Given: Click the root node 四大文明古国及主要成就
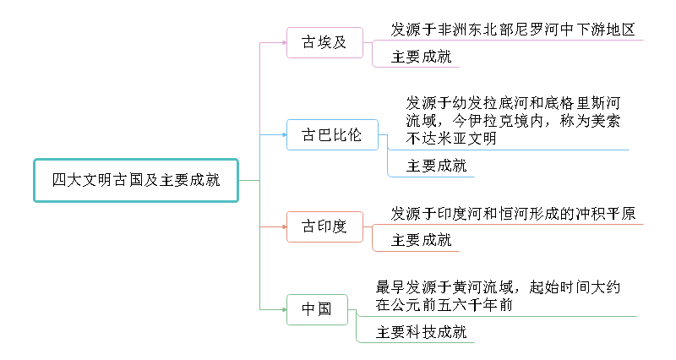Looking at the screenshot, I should click(136, 180).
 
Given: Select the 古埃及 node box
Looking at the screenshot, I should click(324, 42).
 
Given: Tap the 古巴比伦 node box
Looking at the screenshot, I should click(331, 134).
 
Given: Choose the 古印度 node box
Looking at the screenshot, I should click(324, 226).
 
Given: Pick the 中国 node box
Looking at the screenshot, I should click(317, 309).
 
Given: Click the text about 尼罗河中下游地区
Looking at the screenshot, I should click(512, 30).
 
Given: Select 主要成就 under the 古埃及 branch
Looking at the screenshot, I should click(421, 57).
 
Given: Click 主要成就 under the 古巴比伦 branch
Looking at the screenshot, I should click(436, 166).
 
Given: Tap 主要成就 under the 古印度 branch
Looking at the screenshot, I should click(421, 241).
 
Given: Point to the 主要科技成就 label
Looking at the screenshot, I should click(421, 332).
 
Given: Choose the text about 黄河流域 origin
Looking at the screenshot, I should click(499, 297).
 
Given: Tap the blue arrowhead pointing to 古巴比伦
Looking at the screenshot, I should click(283, 134).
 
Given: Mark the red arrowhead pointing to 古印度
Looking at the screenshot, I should click(283, 226).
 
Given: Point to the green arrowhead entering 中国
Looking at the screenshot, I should click(283, 309).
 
